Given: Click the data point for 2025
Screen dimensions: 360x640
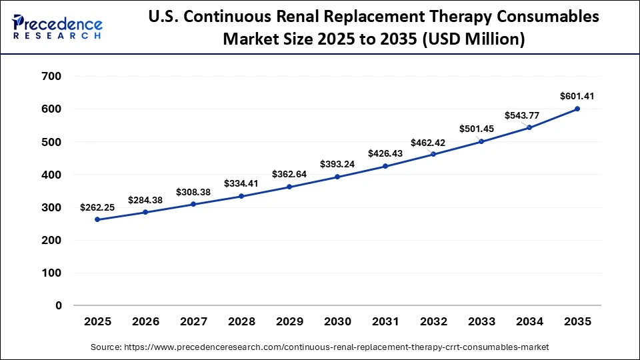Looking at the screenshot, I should [x=97, y=219].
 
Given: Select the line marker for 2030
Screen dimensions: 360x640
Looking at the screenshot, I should [x=337, y=177].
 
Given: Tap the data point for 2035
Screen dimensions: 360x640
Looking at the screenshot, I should [x=577, y=109].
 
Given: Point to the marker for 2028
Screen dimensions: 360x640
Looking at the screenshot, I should [x=241, y=196].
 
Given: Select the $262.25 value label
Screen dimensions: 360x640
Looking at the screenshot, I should [x=97, y=207].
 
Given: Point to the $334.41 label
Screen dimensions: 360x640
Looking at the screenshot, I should [x=241, y=183].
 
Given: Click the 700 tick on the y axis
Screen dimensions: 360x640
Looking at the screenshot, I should [x=51, y=77].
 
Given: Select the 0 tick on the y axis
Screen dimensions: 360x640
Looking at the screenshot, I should [x=58, y=306].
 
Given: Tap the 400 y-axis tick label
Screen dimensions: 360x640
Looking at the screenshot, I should [x=51, y=175].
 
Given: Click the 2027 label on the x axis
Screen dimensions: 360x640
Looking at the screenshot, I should [x=193, y=322].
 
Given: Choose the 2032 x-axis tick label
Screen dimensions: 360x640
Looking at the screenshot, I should [x=433, y=322].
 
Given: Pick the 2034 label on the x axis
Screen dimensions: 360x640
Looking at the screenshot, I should [x=529, y=322].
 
